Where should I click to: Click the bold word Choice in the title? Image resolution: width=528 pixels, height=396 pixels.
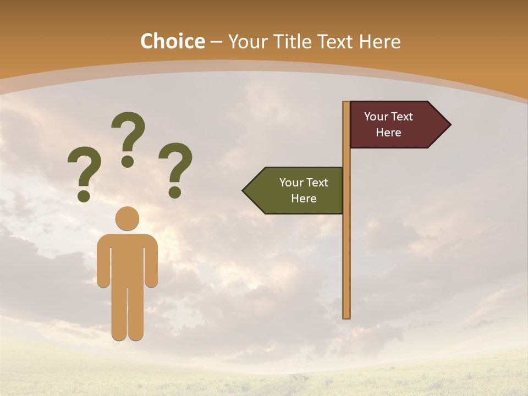tap(172, 41)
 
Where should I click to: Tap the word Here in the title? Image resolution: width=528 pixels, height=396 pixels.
tap(380, 41)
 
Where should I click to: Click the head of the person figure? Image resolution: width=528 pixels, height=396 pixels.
tap(127, 218)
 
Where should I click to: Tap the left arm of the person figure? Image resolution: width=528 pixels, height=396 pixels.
tap(103, 261)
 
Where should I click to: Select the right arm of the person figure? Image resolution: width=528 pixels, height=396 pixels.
tap(151, 261)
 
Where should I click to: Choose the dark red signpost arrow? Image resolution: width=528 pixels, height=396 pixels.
tap(393, 125)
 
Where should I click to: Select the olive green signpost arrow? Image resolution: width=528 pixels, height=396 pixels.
tap(297, 191)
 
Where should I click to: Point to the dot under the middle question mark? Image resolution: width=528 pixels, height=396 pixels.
tap(128, 161)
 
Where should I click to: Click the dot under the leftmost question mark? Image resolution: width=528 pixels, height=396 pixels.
tap(84, 195)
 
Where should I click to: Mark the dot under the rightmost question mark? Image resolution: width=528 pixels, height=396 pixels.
tap(175, 192)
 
